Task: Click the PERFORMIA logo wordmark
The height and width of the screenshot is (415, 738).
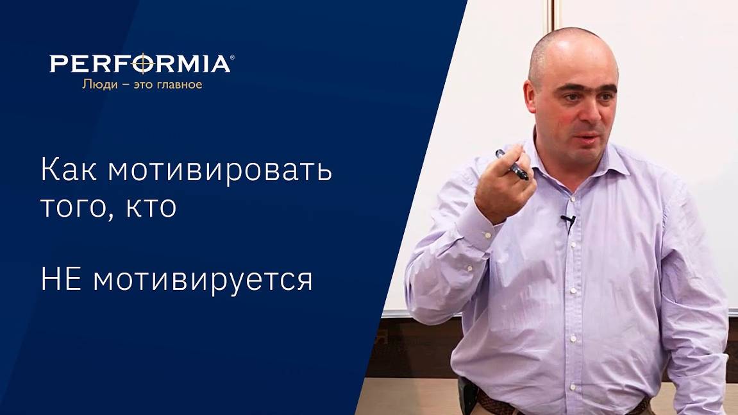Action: pyautogui.click(x=140, y=64)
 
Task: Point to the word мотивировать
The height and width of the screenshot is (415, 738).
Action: pyautogui.click(x=220, y=170)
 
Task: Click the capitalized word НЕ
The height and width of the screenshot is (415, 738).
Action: pyautogui.click(x=62, y=280)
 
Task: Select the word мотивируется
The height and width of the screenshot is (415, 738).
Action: pyautogui.click(x=203, y=280)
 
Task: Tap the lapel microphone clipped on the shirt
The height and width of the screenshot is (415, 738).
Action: pyautogui.click(x=567, y=222)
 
